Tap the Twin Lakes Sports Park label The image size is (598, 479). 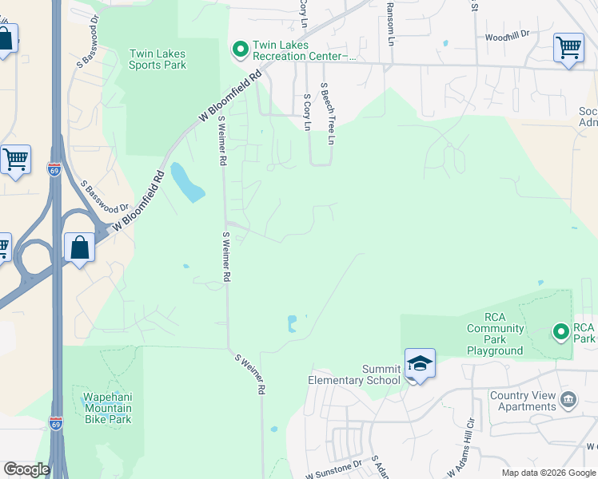click(157, 59)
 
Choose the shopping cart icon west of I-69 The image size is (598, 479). click(15, 159)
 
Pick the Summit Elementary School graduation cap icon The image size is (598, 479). click(420, 363)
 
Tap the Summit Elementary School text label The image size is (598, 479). click(354, 375)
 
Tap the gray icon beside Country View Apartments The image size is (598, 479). click(568, 399)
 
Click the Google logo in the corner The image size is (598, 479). click(26, 469)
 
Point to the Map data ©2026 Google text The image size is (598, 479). click(549, 473)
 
